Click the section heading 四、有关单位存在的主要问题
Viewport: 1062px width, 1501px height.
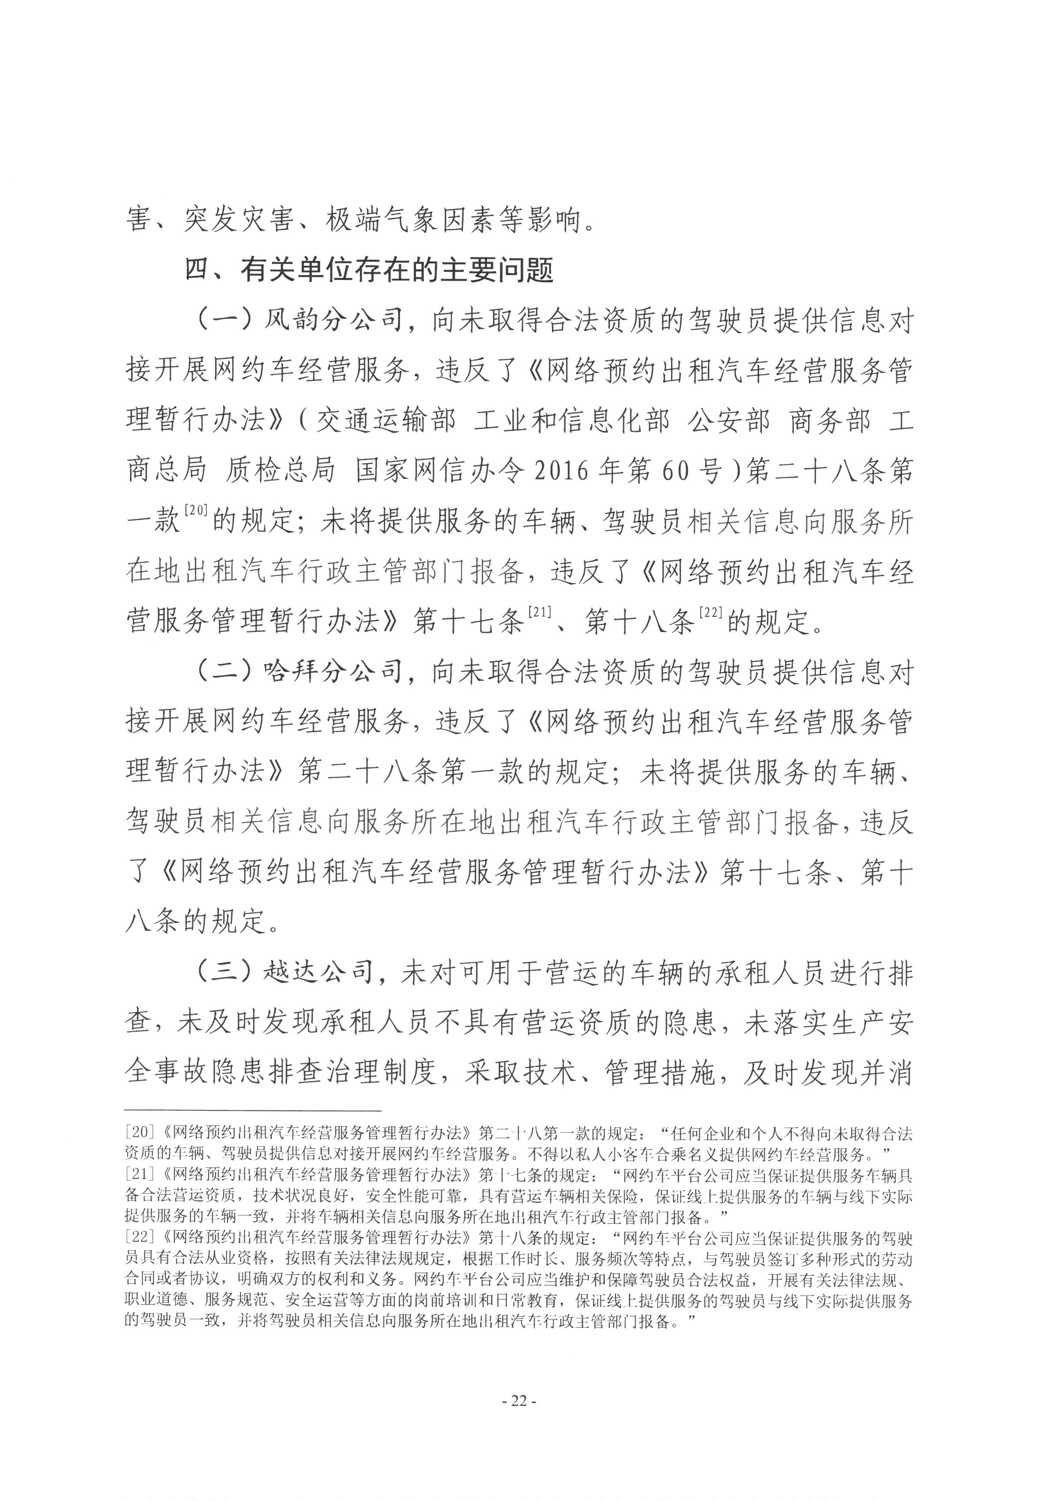pyautogui.click(x=370, y=270)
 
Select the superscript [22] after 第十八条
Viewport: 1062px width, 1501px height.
pyautogui.click(x=710, y=612)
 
